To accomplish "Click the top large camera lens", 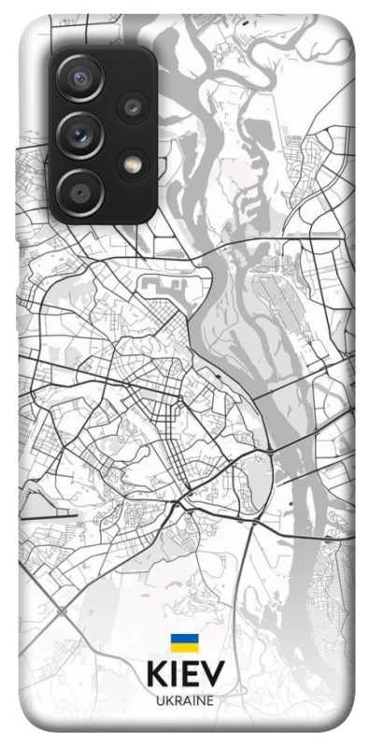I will coord(79,79).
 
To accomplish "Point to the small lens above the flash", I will coord(133,108).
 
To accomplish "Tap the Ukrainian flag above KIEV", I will coord(184,642).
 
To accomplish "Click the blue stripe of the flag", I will coord(184,638).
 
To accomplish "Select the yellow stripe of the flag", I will coord(184,647).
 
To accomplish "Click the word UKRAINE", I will coord(185,699).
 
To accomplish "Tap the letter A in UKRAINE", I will coord(186,699).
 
